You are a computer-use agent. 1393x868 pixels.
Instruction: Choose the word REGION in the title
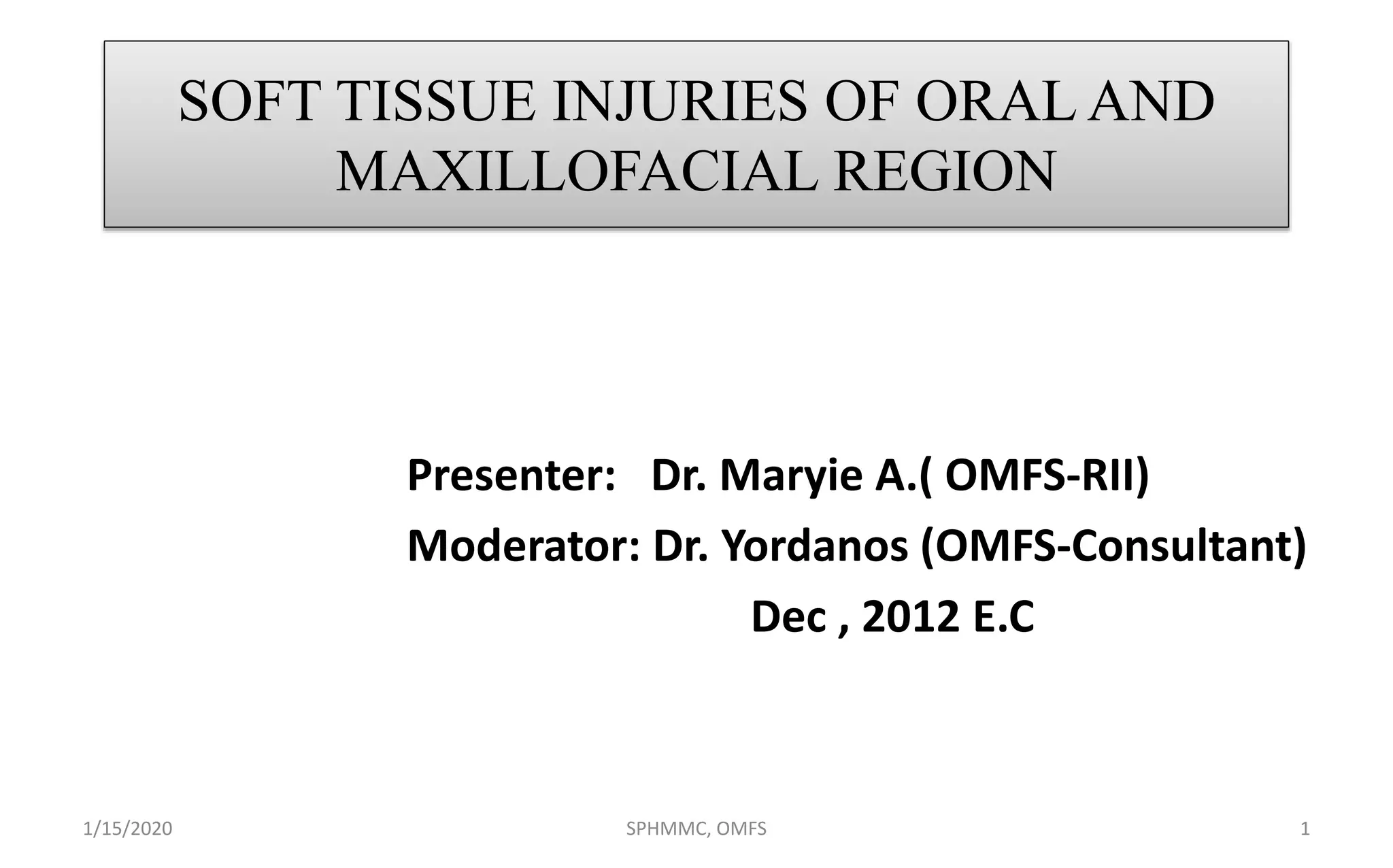pyautogui.click(x=945, y=171)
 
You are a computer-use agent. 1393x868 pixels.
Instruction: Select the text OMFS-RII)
pyautogui.click(x=1046, y=475)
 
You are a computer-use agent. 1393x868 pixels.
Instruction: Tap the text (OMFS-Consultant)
pyautogui.click(x=1113, y=546)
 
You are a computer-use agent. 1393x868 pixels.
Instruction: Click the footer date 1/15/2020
pyautogui.click(x=127, y=829)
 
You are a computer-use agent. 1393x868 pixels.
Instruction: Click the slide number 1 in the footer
pyautogui.click(x=1304, y=829)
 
